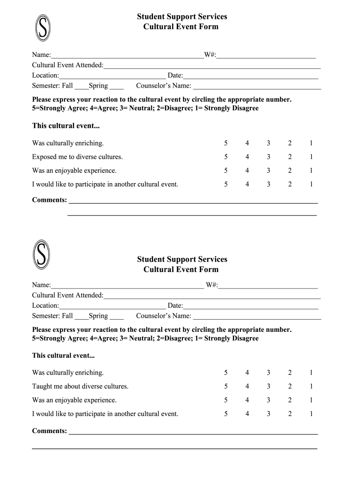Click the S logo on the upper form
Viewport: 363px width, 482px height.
click(x=42, y=27)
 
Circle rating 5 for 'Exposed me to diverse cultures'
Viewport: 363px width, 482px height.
click(x=226, y=157)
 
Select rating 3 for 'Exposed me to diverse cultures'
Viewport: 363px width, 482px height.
click(x=268, y=157)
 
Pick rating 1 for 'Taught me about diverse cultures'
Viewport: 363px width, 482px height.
click(x=311, y=386)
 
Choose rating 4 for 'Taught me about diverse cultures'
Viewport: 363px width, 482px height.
click(x=247, y=386)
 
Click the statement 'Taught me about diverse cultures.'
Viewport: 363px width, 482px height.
click(x=80, y=386)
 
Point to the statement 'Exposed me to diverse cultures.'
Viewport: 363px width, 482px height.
click(x=77, y=157)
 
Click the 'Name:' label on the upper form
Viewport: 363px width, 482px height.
click(x=41, y=55)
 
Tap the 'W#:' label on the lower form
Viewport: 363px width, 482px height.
click(x=212, y=285)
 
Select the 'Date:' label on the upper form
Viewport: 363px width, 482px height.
click(x=175, y=75)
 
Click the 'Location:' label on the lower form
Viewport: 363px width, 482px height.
click(x=46, y=305)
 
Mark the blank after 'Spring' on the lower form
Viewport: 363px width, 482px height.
click(x=116, y=316)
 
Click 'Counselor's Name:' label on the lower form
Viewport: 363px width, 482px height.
click(x=164, y=316)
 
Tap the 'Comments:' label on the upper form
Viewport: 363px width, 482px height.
click(x=49, y=200)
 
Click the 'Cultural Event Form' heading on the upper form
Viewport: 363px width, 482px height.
click(x=181, y=27)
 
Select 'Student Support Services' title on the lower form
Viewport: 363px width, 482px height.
click(x=182, y=259)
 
